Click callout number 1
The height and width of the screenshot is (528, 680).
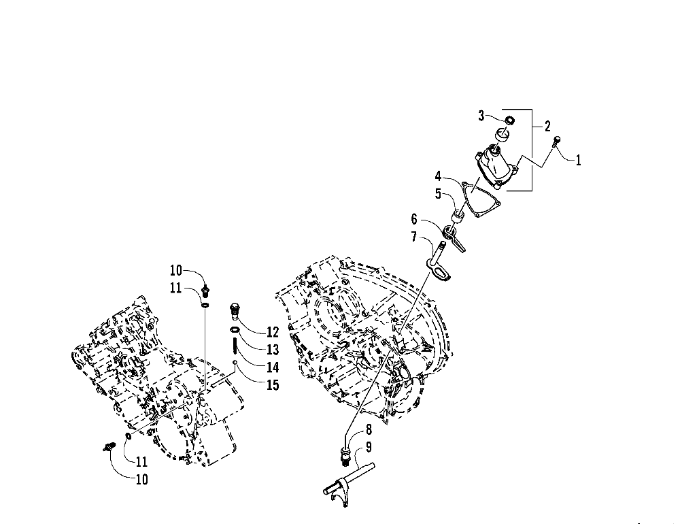579,161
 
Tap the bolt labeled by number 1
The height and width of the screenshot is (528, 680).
557,142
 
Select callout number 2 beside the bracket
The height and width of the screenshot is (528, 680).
547,126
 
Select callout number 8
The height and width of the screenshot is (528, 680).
368,429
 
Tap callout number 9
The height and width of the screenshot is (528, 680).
368,447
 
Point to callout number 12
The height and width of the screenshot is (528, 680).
273,333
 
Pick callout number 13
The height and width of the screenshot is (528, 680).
273,350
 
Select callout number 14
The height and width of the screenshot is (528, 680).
273,367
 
